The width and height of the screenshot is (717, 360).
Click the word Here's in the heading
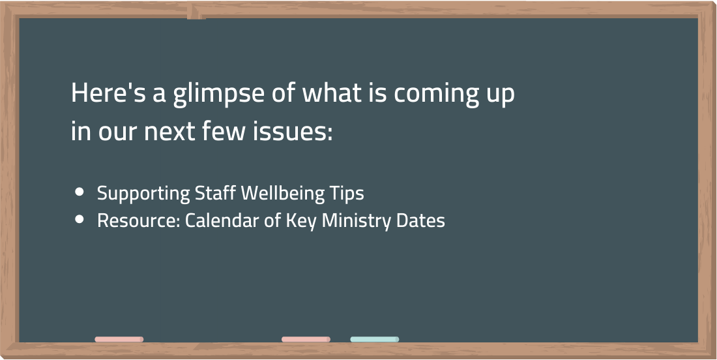108,93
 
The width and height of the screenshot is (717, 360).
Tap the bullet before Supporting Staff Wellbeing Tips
80,192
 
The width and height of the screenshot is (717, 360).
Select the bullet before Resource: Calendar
80,220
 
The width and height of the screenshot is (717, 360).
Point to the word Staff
215,192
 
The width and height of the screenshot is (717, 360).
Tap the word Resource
138,220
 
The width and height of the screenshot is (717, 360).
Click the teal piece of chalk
375,339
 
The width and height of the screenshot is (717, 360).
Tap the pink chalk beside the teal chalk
306,339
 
